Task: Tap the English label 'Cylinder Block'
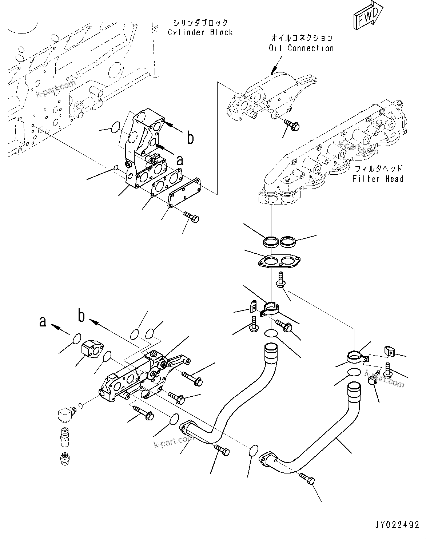200,32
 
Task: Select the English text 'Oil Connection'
301,48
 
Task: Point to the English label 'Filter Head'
378,179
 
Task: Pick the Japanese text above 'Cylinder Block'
200,23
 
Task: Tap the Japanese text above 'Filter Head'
379,169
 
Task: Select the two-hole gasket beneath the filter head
279,262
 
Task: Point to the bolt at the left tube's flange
222,450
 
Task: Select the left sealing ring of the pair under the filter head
270,241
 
